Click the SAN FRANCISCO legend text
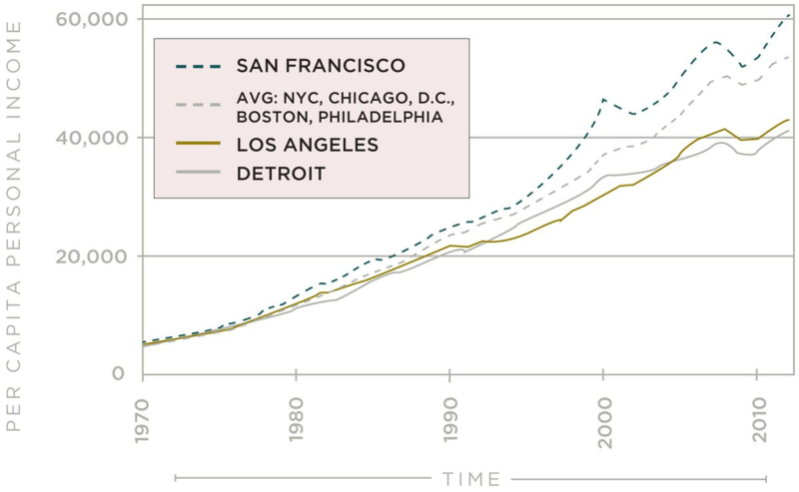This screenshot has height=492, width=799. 321,66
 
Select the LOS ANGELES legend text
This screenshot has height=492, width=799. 307,146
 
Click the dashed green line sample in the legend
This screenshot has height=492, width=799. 197,66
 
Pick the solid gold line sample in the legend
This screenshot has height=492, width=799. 197,146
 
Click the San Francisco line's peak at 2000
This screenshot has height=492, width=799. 603,99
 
